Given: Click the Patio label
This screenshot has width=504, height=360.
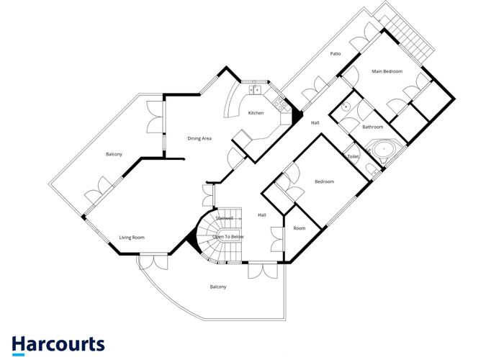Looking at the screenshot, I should [336, 54].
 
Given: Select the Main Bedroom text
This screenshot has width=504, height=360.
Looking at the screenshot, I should [387, 71].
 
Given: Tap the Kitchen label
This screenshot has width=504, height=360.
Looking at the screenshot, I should [256, 113].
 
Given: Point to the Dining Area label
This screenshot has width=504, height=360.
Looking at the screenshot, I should [199, 138].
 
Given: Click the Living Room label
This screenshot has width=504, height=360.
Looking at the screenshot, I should [132, 237].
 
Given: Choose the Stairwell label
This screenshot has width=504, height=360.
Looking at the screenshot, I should [225, 217].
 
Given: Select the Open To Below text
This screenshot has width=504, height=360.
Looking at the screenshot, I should [228, 237].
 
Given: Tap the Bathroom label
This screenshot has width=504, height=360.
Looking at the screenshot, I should [372, 127].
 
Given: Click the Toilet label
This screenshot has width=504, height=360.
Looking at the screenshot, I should [353, 156].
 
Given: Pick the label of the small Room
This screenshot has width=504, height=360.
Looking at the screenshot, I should [299, 228].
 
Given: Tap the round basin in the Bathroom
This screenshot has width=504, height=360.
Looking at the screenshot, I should [346, 107].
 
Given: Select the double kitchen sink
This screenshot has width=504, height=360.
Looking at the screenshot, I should [254, 90].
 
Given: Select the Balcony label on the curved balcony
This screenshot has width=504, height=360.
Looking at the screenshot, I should [218, 287].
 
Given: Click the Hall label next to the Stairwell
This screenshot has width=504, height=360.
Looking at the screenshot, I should [263, 215].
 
